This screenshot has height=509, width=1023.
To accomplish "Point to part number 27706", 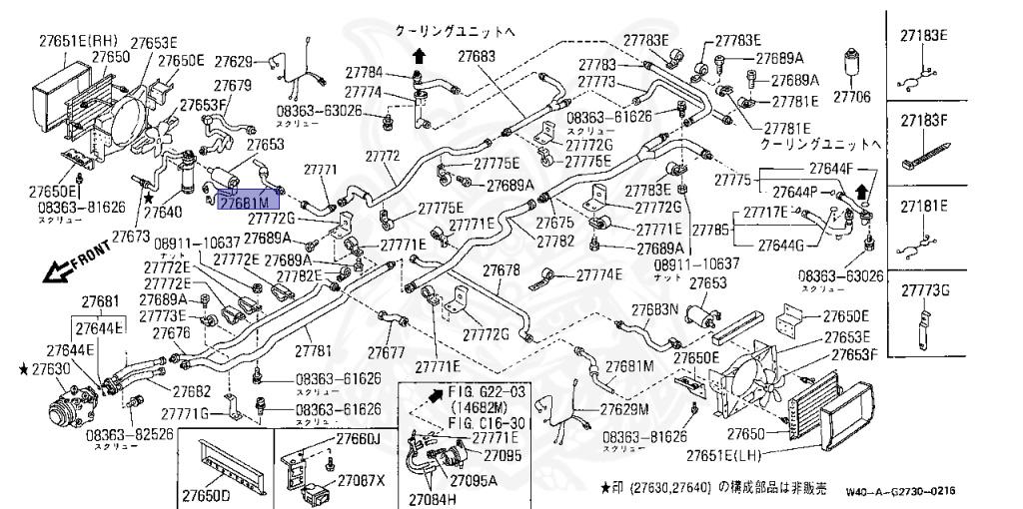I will pos(852,98).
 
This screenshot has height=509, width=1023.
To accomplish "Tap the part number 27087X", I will pos(361,480).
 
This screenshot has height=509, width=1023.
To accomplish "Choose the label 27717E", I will pos(762,212).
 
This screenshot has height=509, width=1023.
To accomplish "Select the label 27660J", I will pos(359,439).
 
